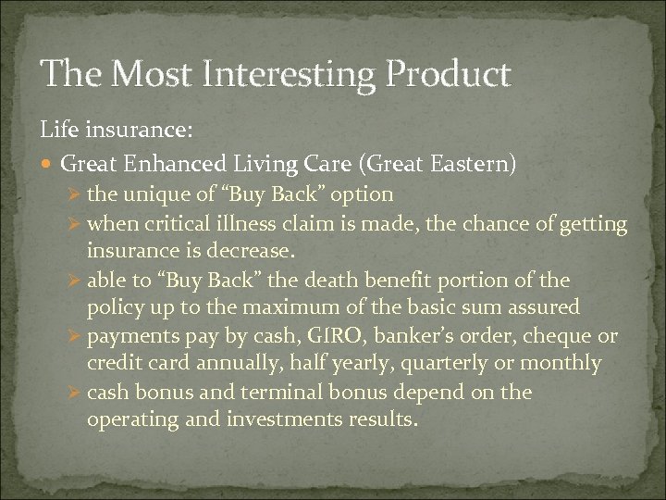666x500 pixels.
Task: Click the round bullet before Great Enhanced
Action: tap(49, 164)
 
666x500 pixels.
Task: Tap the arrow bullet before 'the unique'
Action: tap(76, 194)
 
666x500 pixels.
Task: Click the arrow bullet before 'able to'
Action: tap(76, 279)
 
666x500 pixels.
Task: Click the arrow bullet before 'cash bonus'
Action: tap(76, 392)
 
